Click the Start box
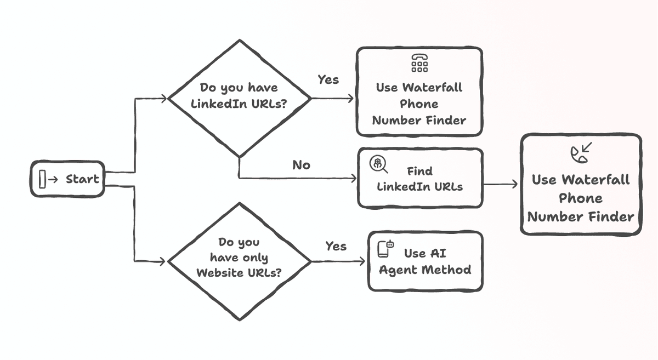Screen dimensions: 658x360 click(67, 179)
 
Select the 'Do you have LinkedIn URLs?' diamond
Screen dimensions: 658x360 click(240, 99)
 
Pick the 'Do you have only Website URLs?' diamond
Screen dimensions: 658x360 click(240, 261)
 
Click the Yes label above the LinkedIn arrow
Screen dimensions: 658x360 click(328, 80)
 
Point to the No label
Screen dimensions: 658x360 click(302, 165)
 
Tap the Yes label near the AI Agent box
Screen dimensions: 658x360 click(336, 246)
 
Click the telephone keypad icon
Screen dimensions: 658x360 click(419, 63)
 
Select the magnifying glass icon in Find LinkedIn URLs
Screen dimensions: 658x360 click(378, 164)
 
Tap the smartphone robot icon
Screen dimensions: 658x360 click(385, 248)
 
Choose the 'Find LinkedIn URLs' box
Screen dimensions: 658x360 click(421, 178)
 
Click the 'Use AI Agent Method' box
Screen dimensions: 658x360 click(426, 261)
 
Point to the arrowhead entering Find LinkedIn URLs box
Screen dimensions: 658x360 click(354, 178)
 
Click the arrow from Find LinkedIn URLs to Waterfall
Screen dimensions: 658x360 click(501, 185)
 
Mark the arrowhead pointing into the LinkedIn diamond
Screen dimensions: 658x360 click(164, 99)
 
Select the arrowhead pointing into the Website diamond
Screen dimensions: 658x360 click(163, 261)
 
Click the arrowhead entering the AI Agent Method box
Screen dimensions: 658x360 click(362, 261)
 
